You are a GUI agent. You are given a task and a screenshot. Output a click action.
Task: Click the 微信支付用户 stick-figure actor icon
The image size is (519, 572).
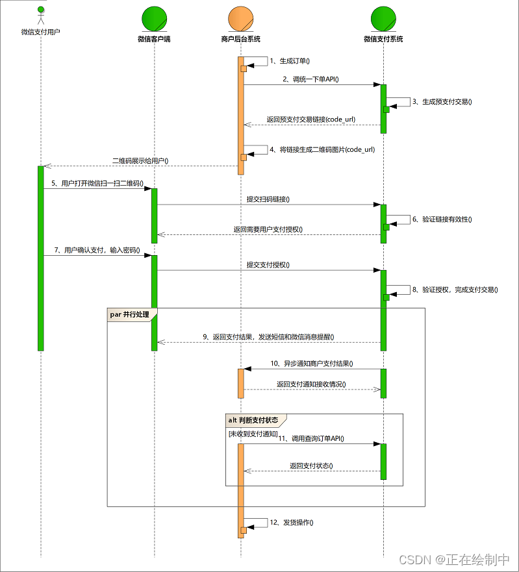(40, 16)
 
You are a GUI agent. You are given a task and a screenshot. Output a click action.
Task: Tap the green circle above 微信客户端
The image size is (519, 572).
(154, 18)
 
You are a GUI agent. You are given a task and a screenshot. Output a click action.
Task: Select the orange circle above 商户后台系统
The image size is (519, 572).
(240, 18)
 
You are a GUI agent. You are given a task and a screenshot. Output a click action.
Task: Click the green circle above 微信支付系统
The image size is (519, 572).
(383, 18)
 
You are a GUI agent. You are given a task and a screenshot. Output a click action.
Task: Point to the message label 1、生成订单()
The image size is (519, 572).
(290, 61)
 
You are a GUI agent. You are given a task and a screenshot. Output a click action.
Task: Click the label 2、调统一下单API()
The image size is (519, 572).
(310, 79)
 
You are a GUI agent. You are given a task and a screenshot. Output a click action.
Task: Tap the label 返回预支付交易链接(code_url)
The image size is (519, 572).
(311, 119)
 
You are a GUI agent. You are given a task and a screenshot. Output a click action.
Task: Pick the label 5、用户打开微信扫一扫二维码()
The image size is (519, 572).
(97, 184)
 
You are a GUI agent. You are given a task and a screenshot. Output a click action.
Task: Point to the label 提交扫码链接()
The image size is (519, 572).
(268, 199)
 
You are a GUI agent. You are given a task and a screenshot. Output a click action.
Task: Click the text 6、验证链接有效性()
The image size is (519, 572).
(442, 219)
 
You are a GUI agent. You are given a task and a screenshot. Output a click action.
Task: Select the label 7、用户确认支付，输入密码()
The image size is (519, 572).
(97, 250)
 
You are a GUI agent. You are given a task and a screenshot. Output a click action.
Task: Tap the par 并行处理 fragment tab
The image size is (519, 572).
(130, 314)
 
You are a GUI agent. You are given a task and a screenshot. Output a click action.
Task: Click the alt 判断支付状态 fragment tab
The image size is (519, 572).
(253, 420)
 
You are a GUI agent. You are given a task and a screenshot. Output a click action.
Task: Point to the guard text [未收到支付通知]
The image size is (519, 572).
(252, 433)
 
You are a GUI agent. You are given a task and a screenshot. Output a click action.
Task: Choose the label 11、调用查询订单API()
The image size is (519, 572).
(311, 439)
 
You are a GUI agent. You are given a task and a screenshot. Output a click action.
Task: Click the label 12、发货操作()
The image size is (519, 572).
(292, 522)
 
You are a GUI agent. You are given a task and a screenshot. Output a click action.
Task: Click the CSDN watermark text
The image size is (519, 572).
(454, 560)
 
